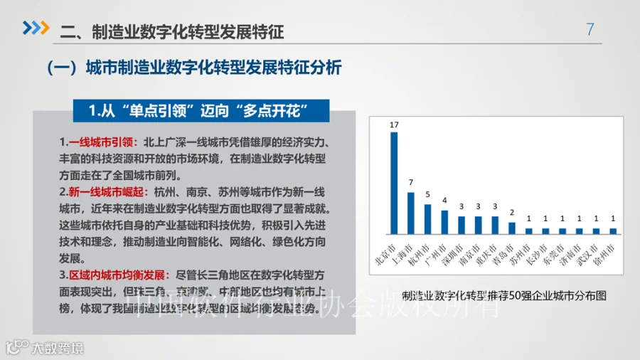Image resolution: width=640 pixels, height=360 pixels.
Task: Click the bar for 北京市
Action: tap(394, 183)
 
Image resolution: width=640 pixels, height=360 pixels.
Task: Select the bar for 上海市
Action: tap(411, 213)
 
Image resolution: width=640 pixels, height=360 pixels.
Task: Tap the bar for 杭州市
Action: tap(427, 219)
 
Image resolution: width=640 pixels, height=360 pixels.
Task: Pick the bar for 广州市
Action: tap(444, 222)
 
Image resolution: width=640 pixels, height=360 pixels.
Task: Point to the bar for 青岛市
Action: tap(511, 228)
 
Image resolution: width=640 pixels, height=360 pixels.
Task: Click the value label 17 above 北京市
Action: tap(394, 125)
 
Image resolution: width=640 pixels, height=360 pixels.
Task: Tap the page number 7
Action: tap(590, 30)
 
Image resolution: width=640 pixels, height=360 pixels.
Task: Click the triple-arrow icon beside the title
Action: tap(36, 28)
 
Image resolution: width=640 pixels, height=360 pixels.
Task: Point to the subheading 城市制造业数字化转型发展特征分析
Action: tap(213, 68)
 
